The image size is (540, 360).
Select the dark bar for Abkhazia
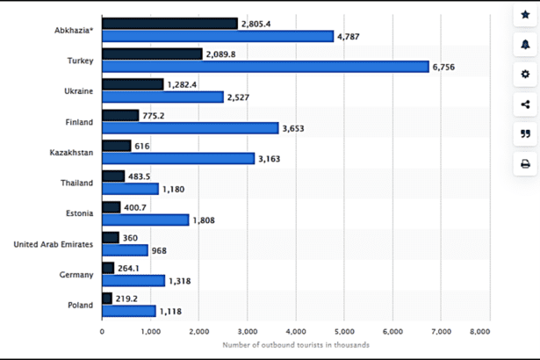click(x=169, y=24)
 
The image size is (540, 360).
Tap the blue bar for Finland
click(x=190, y=127)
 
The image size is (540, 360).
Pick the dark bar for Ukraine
click(x=133, y=84)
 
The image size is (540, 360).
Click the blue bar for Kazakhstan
click(x=178, y=158)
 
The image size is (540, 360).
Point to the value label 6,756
click(x=448, y=67)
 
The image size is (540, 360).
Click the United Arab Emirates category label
click(x=54, y=243)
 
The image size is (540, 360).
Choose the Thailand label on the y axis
click(x=76, y=182)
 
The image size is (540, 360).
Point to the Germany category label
click(x=76, y=274)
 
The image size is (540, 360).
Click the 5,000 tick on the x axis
click(x=344, y=332)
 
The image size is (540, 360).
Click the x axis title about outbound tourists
click(x=295, y=345)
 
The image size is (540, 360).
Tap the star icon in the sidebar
click(x=525, y=15)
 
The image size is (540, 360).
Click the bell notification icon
click(x=525, y=45)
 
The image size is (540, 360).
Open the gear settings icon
click(x=525, y=75)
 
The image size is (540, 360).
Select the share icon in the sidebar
click(x=525, y=104)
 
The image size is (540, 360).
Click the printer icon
click(x=525, y=163)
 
